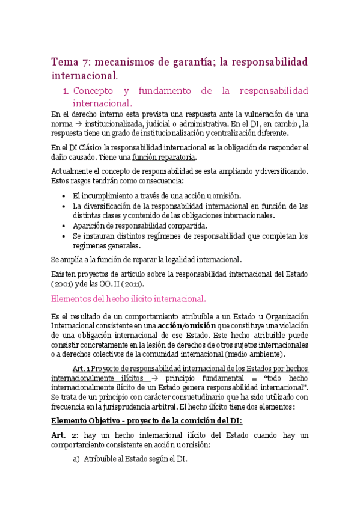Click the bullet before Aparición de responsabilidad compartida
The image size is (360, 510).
click(x=64, y=226)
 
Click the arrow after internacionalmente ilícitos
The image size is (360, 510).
click(x=159, y=378)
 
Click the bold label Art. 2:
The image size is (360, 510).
click(x=64, y=434)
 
